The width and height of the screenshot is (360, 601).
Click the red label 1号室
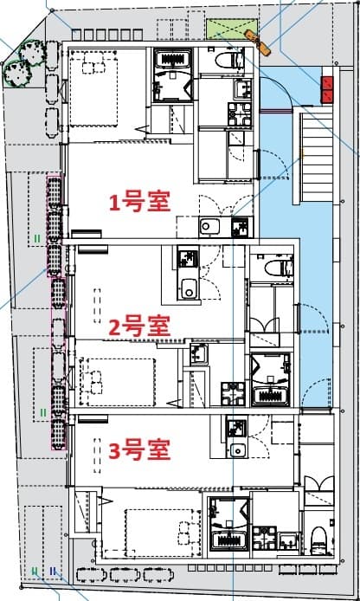click(138, 202)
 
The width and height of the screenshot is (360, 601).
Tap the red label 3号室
click(138, 449)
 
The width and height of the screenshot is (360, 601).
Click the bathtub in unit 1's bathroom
click(174, 61)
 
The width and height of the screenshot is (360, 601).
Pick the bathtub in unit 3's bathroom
click(230, 540)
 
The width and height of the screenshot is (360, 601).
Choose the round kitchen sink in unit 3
click(237, 450)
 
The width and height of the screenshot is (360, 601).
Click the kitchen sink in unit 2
click(189, 288)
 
